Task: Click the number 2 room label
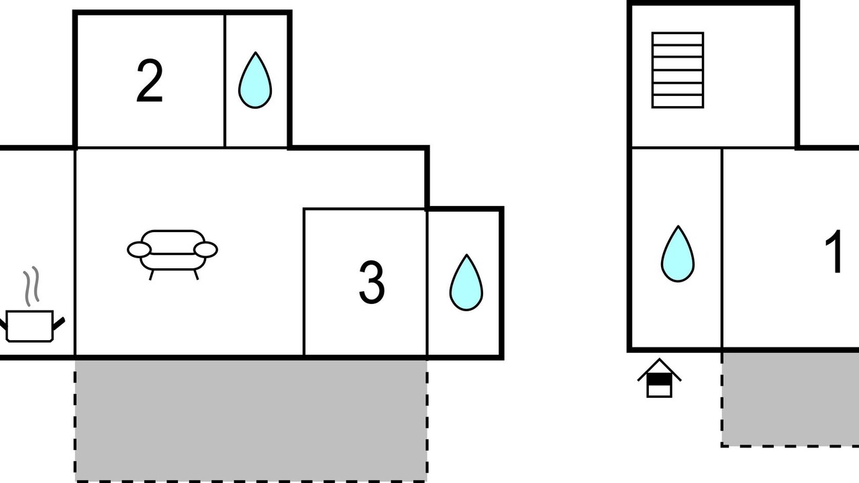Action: click(x=150, y=81)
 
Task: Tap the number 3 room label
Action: click(x=372, y=282)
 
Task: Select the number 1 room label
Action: click(x=834, y=251)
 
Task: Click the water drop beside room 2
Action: click(x=255, y=80)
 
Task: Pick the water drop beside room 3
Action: click(x=466, y=282)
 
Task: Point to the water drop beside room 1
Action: click(x=678, y=254)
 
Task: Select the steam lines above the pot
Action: click(x=32, y=286)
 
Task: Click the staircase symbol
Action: click(x=678, y=70)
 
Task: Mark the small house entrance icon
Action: click(x=659, y=378)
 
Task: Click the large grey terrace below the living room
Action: click(x=251, y=421)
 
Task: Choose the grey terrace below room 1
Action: click(x=790, y=399)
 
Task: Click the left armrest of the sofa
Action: click(x=139, y=250)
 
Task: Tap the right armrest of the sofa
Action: click(x=206, y=250)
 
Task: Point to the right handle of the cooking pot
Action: click(x=58, y=324)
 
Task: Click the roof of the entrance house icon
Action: click(x=659, y=369)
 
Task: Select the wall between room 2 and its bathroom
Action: click(x=225, y=80)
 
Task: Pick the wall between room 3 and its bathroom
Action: click(x=427, y=283)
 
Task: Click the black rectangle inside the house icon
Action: click(x=659, y=380)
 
